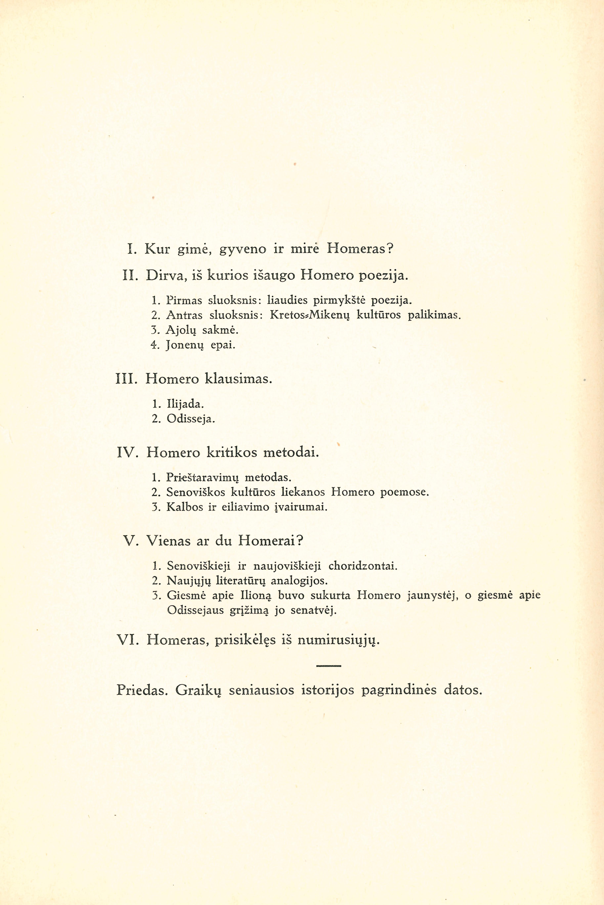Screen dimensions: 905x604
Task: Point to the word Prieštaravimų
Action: pyautogui.click(x=203, y=478)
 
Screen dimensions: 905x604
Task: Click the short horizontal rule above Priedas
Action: pyautogui.click(x=329, y=666)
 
